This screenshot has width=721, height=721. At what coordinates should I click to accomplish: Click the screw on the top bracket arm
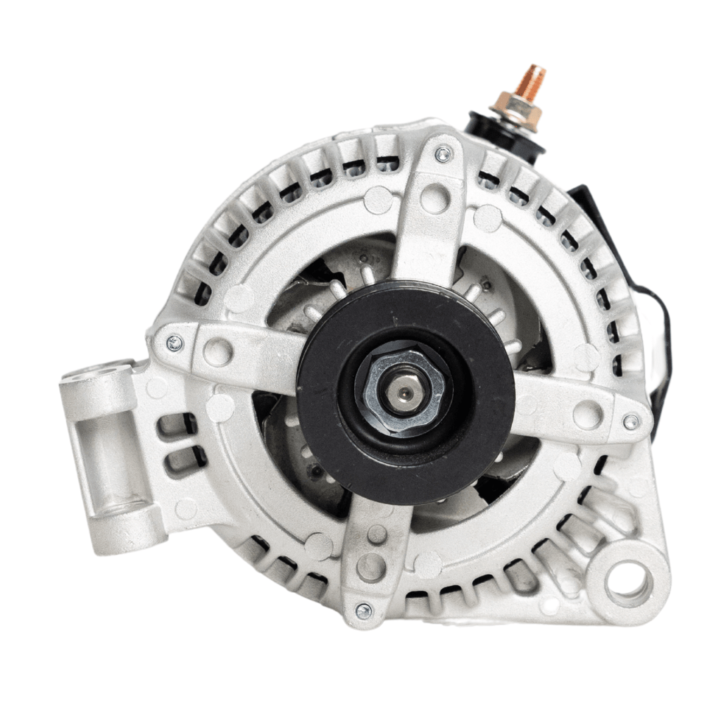[442, 154]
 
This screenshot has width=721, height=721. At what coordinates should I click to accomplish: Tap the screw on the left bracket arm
[174, 343]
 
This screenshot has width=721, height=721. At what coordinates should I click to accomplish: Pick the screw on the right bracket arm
[631, 421]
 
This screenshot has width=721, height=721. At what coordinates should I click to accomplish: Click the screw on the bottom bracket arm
[363, 610]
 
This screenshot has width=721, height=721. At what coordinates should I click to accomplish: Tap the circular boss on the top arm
[434, 199]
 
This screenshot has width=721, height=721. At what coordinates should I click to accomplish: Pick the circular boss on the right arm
[587, 413]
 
